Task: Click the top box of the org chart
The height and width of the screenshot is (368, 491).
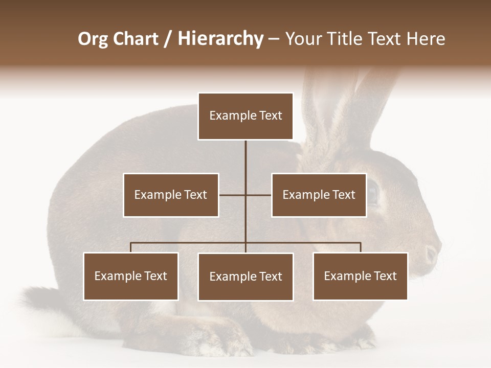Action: tap(245, 116)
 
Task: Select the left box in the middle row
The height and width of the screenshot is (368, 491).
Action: tap(171, 195)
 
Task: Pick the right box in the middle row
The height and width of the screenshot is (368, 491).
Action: tap(319, 195)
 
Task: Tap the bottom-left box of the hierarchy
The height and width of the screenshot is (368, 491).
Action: tap(131, 276)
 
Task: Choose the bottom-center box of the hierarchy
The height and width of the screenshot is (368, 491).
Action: tap(245, 277)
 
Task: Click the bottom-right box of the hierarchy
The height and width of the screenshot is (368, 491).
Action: tap(361, 276)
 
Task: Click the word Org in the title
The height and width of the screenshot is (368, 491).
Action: tap(93, 39)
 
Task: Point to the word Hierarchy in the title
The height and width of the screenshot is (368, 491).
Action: tap(220, 39)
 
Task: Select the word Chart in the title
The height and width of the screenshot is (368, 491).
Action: tap(135, 39)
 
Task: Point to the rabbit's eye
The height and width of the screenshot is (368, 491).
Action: tap(372, 193)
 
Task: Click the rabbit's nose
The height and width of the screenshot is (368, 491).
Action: tap(433, 251)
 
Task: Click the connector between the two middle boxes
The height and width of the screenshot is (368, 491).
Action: tap(245, 195)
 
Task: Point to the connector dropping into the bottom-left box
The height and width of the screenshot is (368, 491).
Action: tap(131, 247)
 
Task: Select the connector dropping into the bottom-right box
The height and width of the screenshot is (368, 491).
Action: tap(361, 247)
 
